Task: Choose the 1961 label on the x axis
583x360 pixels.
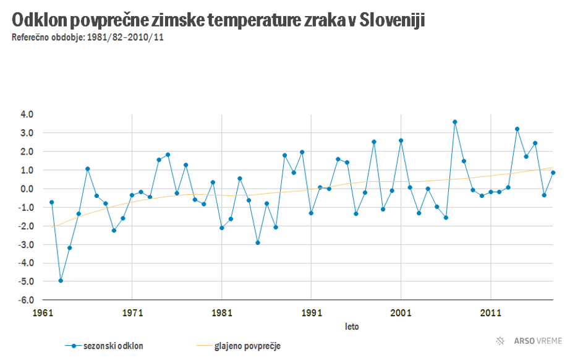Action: click(x=43, y=313)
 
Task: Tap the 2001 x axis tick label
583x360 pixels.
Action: click(x=401, y=313)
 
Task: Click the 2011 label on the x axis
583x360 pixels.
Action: click(x=490, y=313)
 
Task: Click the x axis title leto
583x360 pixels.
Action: click(x=352, y=326)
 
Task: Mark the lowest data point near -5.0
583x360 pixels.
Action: click(x=61, y=281)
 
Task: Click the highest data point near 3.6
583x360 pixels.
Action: click(x=454, y=122)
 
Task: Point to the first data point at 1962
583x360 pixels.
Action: click(x=52, y=202)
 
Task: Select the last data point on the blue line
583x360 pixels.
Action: click(x=553, y=173)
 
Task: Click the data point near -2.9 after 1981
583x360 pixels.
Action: click(x=258, y=242)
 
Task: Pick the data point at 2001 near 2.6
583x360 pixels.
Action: click(x=401, y=140)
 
